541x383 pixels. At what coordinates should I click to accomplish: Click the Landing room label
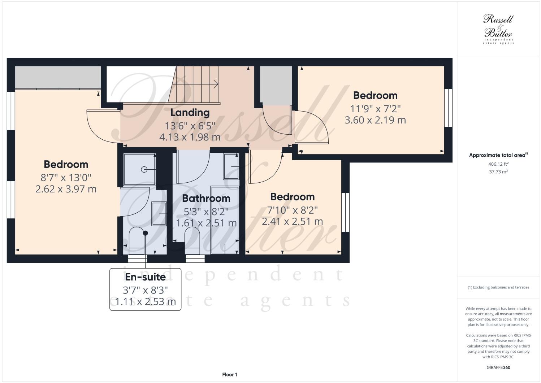190,113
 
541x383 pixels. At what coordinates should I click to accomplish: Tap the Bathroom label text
206,198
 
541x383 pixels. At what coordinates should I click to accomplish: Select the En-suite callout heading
145,277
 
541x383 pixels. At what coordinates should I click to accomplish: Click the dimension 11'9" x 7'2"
375,108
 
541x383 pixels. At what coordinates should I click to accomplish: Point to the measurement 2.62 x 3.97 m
66,189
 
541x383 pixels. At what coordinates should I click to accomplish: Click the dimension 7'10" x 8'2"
292,210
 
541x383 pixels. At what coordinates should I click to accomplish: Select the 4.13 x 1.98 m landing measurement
190,137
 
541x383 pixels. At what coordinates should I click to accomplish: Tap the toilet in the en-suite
137,238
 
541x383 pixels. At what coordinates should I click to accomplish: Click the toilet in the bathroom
192,238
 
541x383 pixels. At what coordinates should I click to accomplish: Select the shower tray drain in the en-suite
144,169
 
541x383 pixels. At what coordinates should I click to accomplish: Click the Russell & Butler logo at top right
498,29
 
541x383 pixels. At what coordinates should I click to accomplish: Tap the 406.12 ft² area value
498,164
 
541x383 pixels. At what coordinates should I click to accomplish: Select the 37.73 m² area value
498,172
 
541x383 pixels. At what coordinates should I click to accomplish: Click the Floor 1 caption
230,375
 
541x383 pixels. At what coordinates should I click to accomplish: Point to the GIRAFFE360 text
498,367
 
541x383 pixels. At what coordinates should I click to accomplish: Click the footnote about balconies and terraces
498,287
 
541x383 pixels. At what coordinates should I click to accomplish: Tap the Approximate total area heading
498,155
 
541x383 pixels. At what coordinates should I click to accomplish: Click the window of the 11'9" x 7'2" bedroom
448,108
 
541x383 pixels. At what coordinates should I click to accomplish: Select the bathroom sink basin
231,166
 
